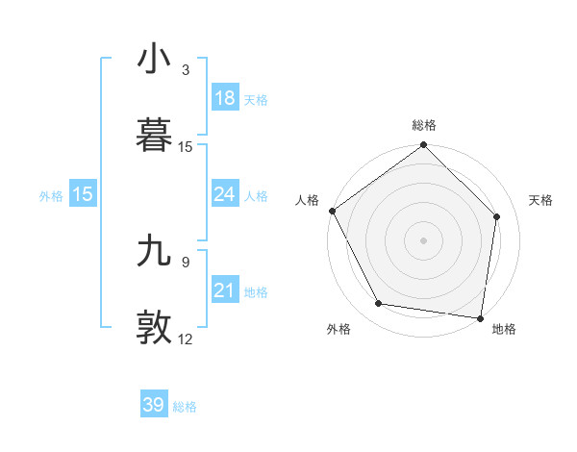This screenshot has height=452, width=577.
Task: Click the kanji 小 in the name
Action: (155, 60)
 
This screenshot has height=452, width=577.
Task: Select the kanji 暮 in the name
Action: (155, 136)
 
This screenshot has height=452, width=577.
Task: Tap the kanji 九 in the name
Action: (155, 253)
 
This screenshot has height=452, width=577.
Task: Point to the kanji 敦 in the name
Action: (155, 328)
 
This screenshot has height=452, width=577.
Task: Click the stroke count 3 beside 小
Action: (186, 70)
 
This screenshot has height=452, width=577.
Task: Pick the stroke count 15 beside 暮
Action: (186, 147)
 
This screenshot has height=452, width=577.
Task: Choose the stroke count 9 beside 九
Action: (186, 260)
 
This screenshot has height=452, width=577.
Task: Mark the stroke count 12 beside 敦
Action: (186, 339)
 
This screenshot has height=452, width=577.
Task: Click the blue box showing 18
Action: (224, 98)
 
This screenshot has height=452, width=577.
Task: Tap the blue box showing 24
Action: (224, 194)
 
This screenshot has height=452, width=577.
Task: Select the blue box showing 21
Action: (224, 290)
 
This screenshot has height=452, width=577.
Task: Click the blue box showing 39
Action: (153, 405)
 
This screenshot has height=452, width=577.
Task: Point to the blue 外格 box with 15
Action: (83, 194)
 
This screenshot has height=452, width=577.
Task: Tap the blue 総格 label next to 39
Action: (185, 407)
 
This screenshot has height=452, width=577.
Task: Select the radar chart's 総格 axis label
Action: (424, 125)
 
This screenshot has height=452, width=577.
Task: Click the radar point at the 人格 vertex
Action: (332, 211)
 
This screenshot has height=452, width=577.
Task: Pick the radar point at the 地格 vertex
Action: (481, 317)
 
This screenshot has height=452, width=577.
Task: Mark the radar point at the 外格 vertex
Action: (378, 304)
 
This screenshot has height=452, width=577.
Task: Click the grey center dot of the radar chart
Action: (423, 240)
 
